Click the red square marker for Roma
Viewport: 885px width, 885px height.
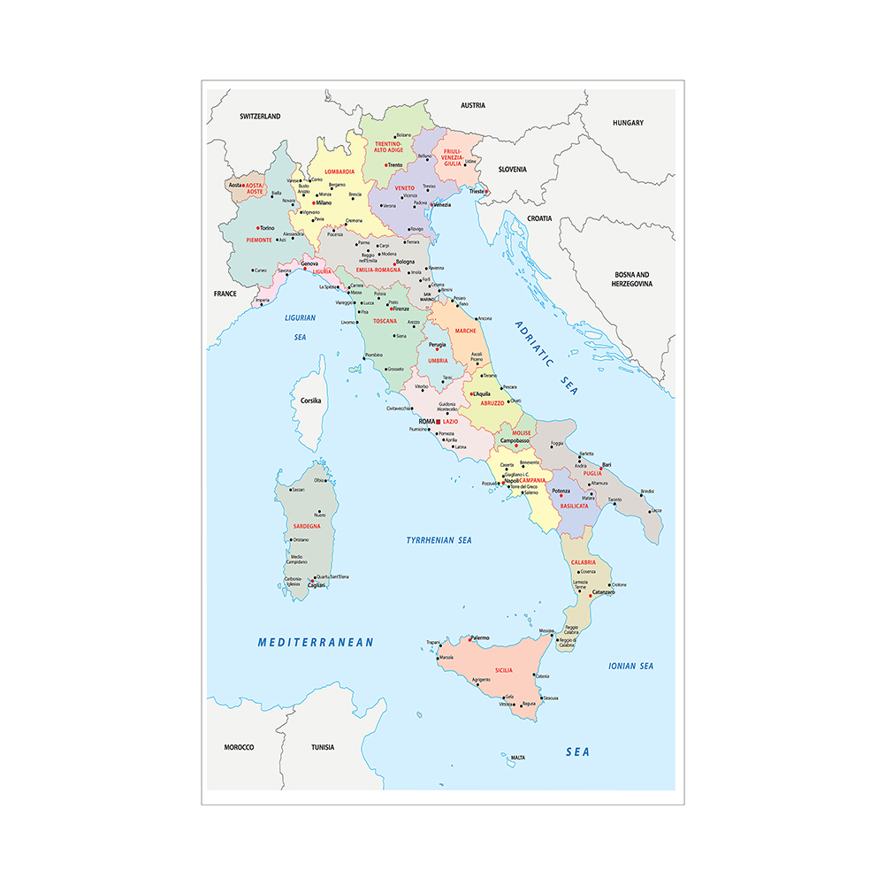coord(438,422)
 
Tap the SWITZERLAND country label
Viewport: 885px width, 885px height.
coord(260,116)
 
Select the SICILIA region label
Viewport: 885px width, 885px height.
coord(504,671)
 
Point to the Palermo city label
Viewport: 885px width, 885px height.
coord(480,637)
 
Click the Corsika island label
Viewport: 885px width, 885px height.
coord(310,401)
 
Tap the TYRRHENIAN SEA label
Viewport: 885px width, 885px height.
coord(439,539)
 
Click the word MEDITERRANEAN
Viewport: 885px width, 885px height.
coord(316,643)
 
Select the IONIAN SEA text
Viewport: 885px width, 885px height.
coord(630,666)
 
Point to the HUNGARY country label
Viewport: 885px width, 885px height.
coord(628,123)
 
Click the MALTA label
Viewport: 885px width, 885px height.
coord(518,758)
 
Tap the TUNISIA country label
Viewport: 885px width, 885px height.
coord(323,747)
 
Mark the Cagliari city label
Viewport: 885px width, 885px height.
coord(317,585)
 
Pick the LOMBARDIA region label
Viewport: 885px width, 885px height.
coord(340,172)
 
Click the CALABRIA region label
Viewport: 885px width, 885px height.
coord(584,562)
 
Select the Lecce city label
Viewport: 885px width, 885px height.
coord(656,511)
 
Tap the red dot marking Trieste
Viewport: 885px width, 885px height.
coord(486,192)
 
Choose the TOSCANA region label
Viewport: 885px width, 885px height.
coord(385,321)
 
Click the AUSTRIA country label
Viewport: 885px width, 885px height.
coord(473,105)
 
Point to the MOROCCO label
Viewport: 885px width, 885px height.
coord(239,747)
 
